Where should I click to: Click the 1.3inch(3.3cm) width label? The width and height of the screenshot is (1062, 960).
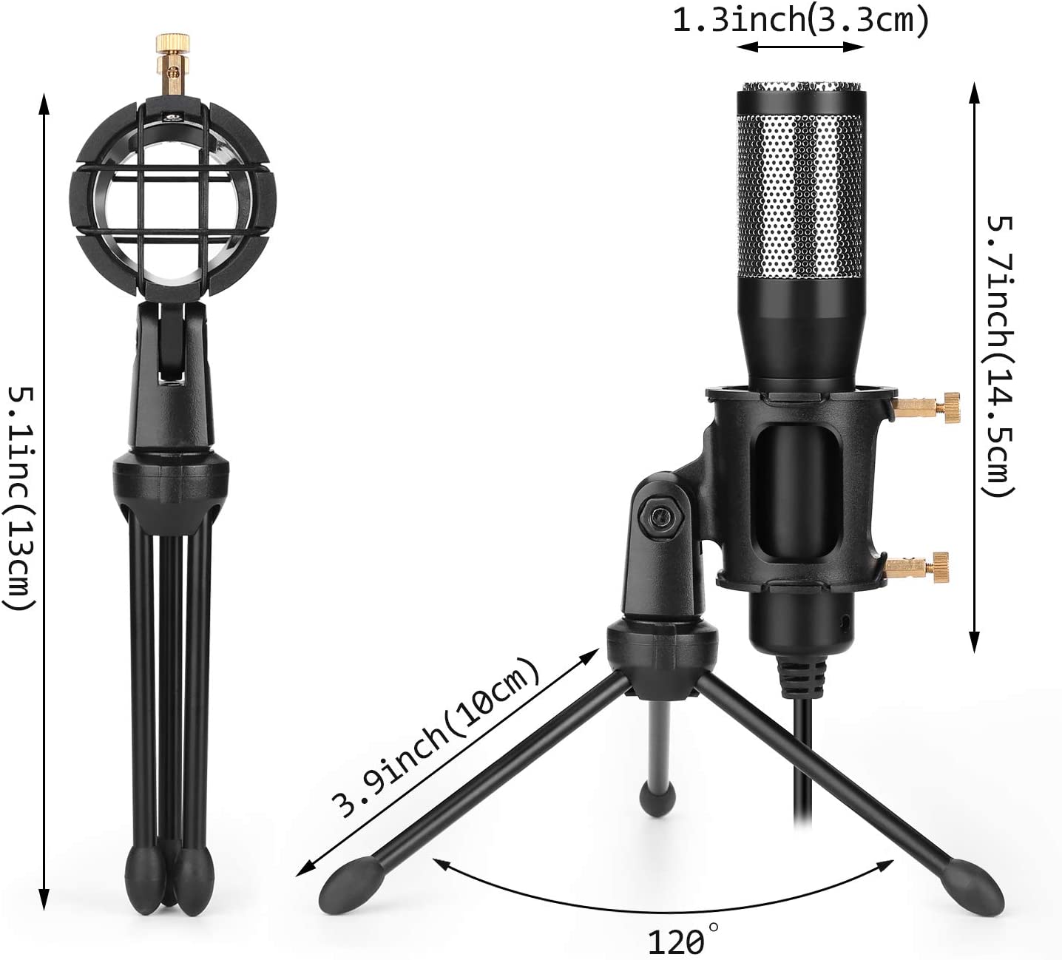(x=799, y=20)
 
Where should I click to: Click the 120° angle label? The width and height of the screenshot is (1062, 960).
(x=677, y=942)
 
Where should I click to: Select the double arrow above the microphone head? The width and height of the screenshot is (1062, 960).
(x=800, y=47)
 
